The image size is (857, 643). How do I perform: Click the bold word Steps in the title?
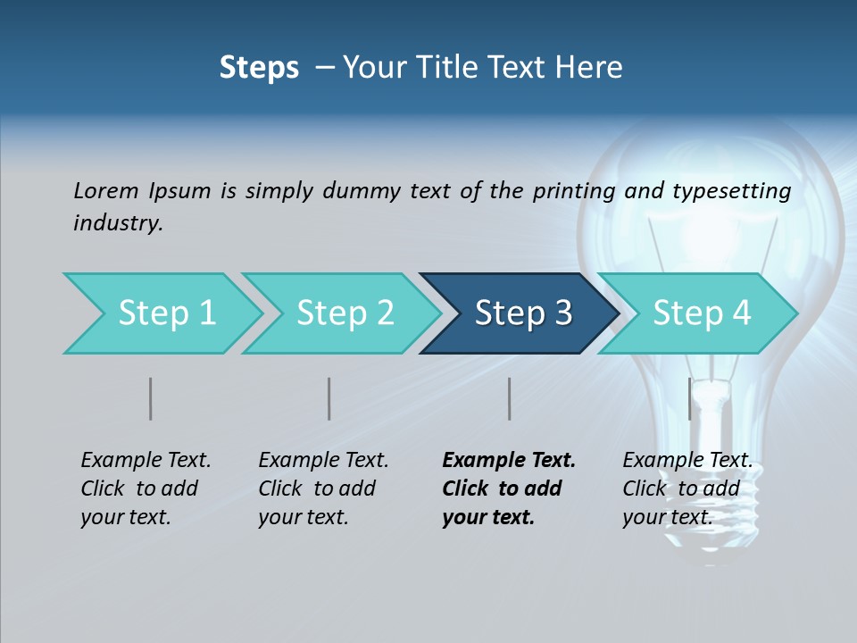tap(259, 68)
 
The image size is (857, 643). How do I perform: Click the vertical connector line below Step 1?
tap(150, 398)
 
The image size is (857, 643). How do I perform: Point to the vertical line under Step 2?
tap(329, 398)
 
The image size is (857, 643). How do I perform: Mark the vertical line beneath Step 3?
tap(509, 398)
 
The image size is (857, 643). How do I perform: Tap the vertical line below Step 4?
tap(689, 398)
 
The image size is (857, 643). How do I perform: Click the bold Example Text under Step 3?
tap(509, 460)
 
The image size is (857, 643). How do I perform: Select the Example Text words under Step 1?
tap(146, 460)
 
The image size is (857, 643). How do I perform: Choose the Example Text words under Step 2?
tap(323, 460)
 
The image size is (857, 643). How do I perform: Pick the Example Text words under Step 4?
tap(687, 460)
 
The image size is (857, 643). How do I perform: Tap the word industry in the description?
tap(118, 223)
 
